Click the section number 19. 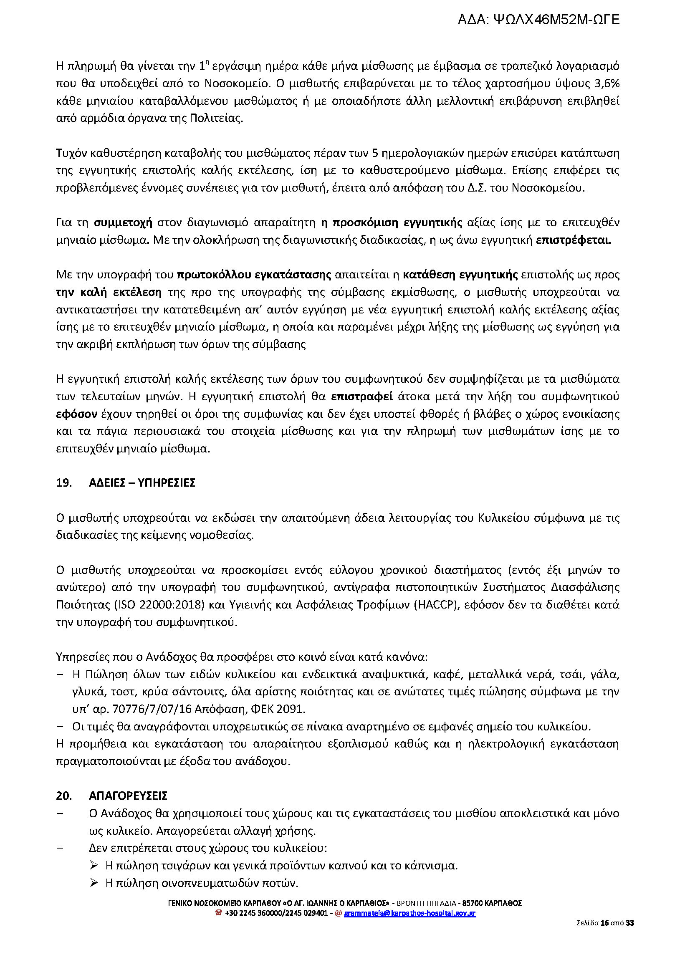[x=64, y=483]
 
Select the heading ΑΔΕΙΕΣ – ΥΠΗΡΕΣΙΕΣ [x=142, y=483]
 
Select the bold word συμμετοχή [x=123, y=222]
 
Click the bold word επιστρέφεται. [x=573, y=240]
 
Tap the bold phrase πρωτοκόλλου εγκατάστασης [x=254, y=275]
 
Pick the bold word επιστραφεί [x=361, y=397]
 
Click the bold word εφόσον [x=76, y=414]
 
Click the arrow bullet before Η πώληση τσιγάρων [x=94, y=866]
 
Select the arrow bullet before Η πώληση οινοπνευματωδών [x=94, y=883]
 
